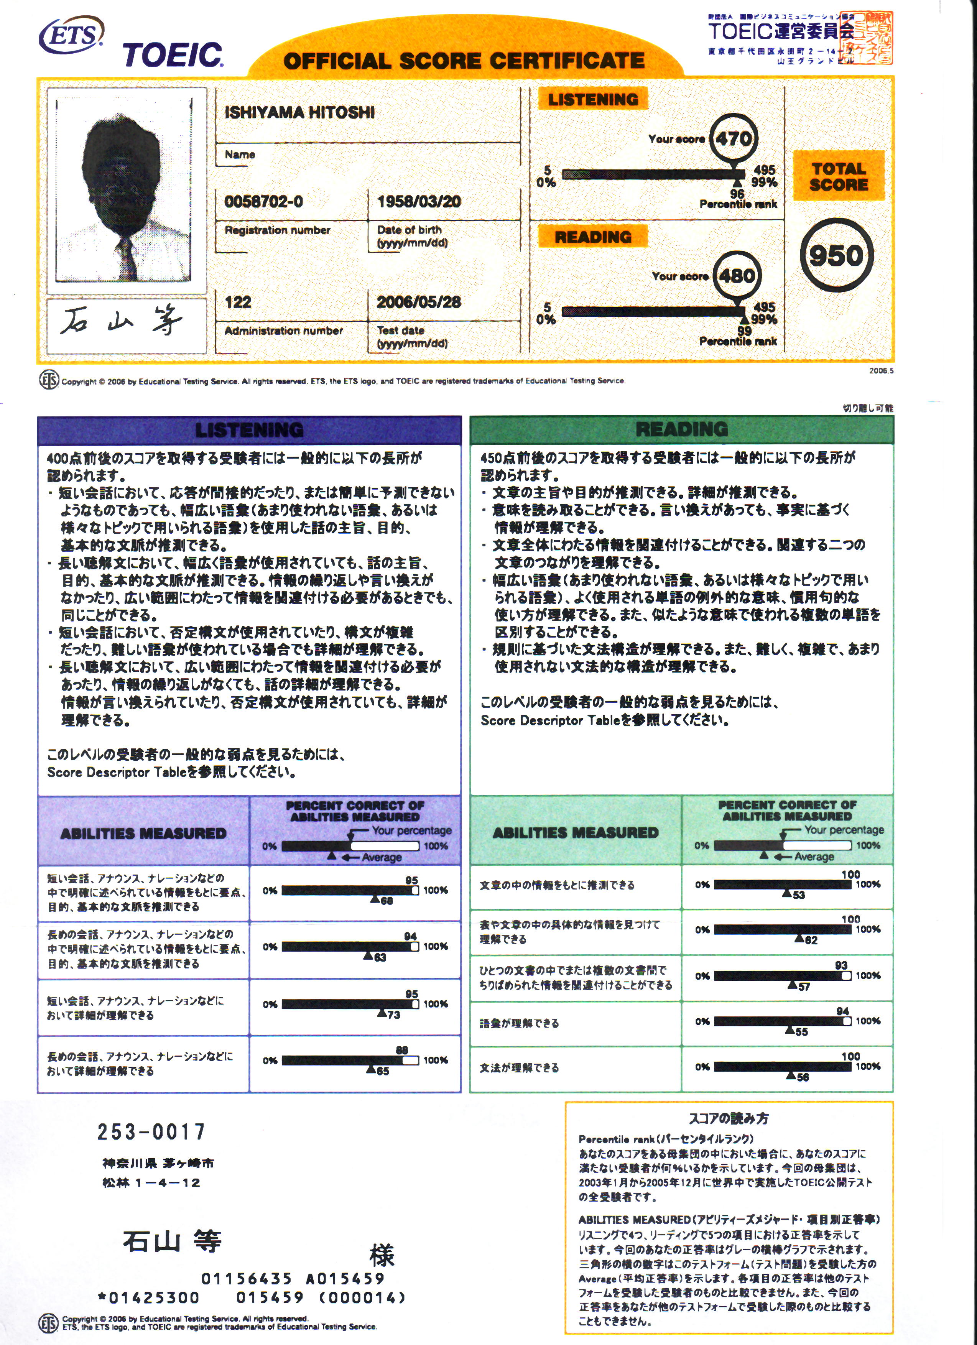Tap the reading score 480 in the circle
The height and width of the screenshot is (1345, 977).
pyautogui.click(x=737, y=276)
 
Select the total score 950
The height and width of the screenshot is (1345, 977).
pyautogui.click(x=836, y=256)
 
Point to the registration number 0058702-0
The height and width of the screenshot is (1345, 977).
pyautogui.click(x=263, y=202)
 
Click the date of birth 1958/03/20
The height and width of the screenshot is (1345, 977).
pyautogui.click(x=419, y=202)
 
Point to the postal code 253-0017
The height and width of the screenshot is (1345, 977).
pyautogui.click(x=151, y=1131)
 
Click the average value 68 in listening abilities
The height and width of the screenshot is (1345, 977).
pyautogui.click(x=387, y=901)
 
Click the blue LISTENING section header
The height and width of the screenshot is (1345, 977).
pyautogui.click(x=249, y=430)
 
